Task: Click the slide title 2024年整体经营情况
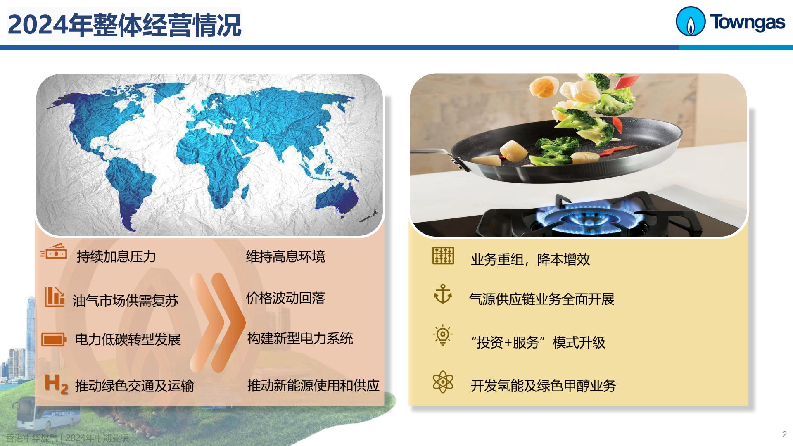point(124,25)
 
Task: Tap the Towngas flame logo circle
point(690,21)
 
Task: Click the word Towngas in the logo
point(748,22)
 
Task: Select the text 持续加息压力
point(116,256)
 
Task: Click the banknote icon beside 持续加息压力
point(54,251)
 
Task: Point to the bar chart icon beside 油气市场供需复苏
point(55,297)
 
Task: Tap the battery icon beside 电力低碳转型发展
point(54,340)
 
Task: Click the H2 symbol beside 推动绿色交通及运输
point(56,384)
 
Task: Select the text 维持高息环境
point(285,256)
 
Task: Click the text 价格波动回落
point(285,298)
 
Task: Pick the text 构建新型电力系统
point(300,338)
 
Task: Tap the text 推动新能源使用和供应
point(313,385)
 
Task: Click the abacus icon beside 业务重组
point(443,256)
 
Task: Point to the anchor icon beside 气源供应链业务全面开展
point(443,294)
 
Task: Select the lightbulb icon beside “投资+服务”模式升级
point(443,335)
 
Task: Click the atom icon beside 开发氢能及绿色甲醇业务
point(443,382)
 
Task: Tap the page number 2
point(784,434)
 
